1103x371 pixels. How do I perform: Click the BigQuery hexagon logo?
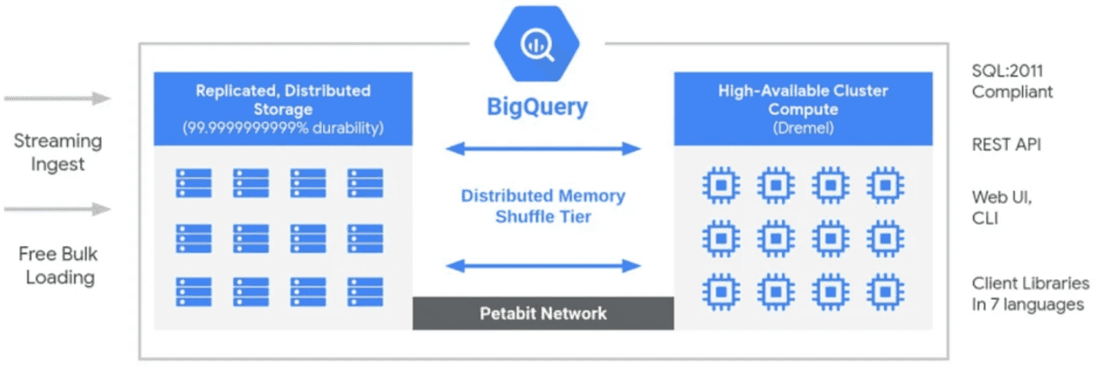click(535, 44)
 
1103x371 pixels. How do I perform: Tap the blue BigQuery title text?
click(537, 106)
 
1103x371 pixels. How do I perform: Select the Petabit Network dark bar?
click(543, 313)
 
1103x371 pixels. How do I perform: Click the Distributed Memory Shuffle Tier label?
click(543, 206)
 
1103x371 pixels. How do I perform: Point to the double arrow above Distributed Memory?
click(543, 148)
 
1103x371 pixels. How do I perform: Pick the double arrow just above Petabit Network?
click(543, 265)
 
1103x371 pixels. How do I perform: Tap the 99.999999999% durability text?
click(283, 127)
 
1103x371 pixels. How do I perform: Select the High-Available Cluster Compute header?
click(803, 99)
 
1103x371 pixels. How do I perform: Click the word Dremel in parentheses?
click(803, 127)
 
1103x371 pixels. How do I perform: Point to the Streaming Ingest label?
click(58, 152)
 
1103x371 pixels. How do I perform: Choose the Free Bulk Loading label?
click(58, 265)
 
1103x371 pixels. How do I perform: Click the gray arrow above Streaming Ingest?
click(57, 99)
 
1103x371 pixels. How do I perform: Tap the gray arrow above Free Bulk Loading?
click(57, 210)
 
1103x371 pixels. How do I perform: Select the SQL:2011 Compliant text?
click(1012, 81)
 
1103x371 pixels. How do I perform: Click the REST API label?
click(1006, 144)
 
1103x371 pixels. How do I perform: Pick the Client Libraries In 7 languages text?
click(1030, 294)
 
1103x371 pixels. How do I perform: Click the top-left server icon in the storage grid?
click(194, 183)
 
